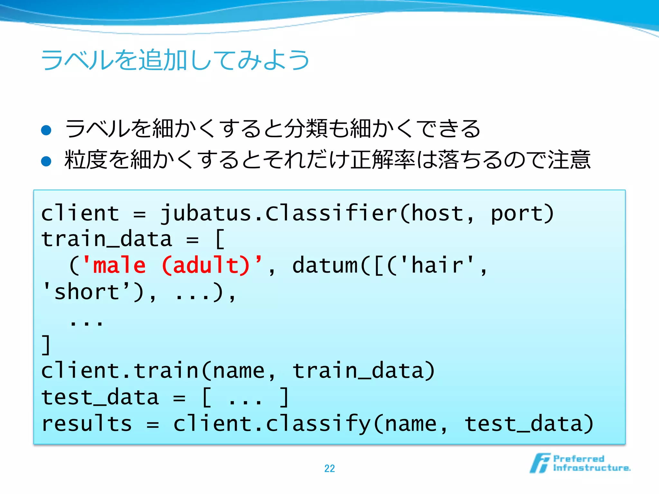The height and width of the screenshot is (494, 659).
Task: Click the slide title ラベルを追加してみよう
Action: (x=175, y=60)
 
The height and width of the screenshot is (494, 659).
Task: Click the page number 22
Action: (x=329, y=468)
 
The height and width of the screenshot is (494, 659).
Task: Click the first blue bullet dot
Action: (x=46, y=130)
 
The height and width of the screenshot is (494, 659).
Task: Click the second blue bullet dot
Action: (x=46, y=161)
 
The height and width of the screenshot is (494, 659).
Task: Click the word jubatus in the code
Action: (x=206, y=213)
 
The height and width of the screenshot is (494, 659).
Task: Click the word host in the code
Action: (x=438, y=213)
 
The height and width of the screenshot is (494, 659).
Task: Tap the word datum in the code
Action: (x=325, y=265)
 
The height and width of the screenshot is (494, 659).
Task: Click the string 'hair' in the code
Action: (x=438, y=265)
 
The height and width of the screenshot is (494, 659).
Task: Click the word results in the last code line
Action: (x=87, y=423)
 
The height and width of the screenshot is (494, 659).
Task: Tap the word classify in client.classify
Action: (x=319, y=423)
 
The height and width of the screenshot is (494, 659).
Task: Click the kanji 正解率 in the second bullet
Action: (x=383, y=160)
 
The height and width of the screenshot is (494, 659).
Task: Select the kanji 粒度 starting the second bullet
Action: (x=86, y=160)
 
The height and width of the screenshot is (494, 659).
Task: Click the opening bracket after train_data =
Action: (x=220, y=239)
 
